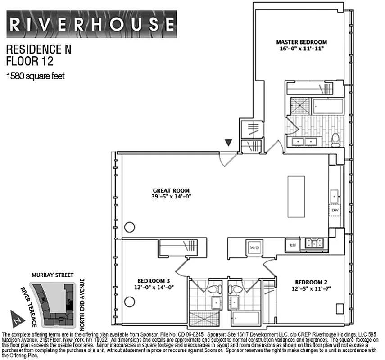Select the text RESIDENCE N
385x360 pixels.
(39, 49)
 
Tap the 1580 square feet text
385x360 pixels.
(35, 76)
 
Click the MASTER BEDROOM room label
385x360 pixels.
(299, 42)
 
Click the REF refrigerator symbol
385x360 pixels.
(292, 245)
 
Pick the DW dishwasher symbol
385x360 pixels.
(335, 210)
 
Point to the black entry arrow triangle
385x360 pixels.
(229, 143)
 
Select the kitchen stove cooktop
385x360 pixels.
(314, 243)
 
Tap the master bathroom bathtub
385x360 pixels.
(328, 106)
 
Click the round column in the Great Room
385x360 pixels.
(130, 227)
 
